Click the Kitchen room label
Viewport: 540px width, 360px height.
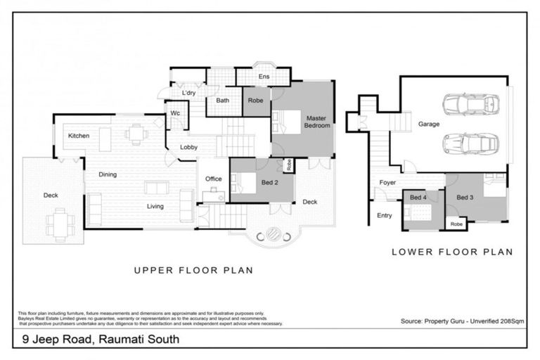78,135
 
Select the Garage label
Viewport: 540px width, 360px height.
428,124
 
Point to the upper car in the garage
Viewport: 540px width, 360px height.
470,104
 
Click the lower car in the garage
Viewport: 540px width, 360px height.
470,143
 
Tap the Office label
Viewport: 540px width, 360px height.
213,179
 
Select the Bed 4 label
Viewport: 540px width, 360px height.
419,198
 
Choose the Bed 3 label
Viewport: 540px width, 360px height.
465,198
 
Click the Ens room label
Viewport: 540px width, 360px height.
264,77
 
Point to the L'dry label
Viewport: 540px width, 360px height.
188,93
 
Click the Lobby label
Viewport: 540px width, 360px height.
188,147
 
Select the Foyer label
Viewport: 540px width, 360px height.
387,183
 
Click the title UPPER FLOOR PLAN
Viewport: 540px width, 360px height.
193,270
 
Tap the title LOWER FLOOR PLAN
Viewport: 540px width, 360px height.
451,251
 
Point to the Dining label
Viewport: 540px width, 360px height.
108,174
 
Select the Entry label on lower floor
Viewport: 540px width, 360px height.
385,216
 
